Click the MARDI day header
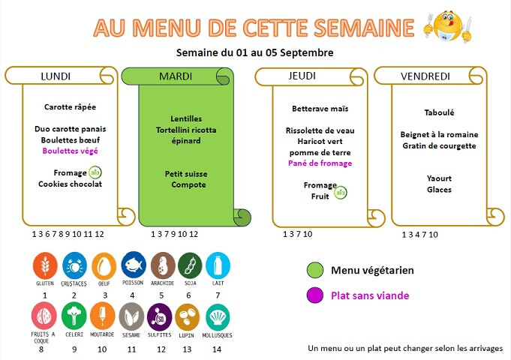coord(176,76)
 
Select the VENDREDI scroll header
coord(425,76)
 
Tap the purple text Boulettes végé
coord(70,151)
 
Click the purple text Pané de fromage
coord(320,163)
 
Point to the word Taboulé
coord(439,112)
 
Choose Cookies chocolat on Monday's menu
coord(70,184)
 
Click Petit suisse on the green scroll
coord(186,174)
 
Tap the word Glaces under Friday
coord(439,190)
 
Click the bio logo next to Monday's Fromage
coord(95,172)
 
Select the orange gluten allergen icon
coord(45,265)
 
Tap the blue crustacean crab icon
coord(74,265)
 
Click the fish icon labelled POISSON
coord(134,265)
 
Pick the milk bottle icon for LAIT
coord(218,265)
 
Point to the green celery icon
coord(74,316)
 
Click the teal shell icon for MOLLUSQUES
coord(218,317)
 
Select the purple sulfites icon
coord(159,317)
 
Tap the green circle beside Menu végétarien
coord(315,270)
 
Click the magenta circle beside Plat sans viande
coord(315,295)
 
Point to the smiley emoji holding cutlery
coord(448,27)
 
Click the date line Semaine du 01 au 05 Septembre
coord(255,52)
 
